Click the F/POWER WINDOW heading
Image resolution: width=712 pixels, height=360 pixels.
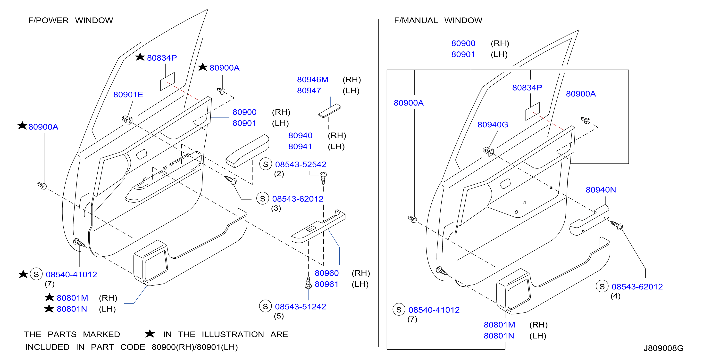(x=70, y=20)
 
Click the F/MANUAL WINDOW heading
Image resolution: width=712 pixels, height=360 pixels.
(x=438, y=20)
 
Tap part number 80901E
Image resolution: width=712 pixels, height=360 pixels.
(x=128, y=95)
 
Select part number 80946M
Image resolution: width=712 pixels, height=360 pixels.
(x=313, y=80)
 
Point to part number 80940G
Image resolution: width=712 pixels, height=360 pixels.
(x=493, y=125)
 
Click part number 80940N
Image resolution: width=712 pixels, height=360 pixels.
(x=601, y=190)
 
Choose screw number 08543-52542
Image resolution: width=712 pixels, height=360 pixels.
(x=301, y=164)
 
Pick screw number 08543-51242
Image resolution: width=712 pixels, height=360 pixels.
(x=301, y=306)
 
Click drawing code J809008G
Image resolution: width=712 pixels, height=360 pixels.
(x=663, y=348)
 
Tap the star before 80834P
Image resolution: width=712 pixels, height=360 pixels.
(x=140, y=57)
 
